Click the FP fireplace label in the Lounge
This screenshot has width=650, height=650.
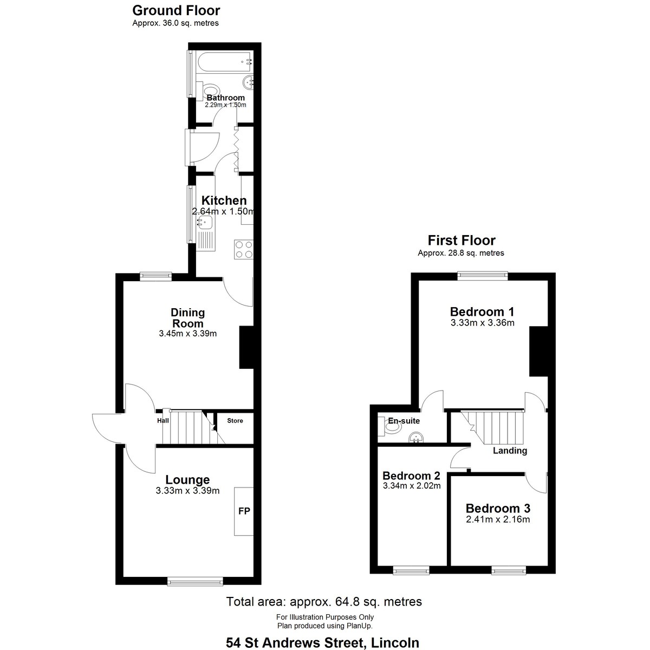(244, 511)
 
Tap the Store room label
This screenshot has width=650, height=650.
(235, 420)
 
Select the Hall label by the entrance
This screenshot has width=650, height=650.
(162, 420)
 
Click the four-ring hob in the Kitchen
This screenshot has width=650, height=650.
(244, 249)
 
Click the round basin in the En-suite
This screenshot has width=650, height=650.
(416, 437)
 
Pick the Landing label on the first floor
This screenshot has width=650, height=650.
(510, 451)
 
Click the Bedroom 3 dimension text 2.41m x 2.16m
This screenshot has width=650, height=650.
(498, 519)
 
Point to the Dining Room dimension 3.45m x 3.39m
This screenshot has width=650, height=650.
(187, 334)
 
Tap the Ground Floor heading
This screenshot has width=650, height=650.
(175, 10)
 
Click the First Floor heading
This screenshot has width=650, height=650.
(461, 240)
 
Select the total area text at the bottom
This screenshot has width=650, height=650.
(324, 601)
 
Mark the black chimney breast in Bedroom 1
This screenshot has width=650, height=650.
(538, 351)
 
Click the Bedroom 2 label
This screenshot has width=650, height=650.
(411, 476)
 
